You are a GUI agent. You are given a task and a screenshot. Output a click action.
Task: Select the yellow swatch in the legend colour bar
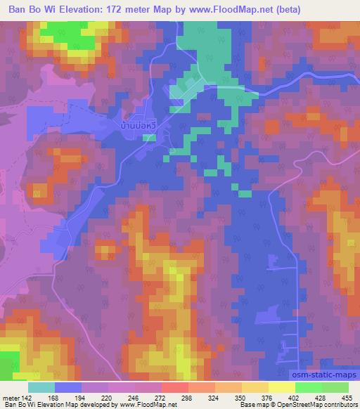[x=281, y=387]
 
